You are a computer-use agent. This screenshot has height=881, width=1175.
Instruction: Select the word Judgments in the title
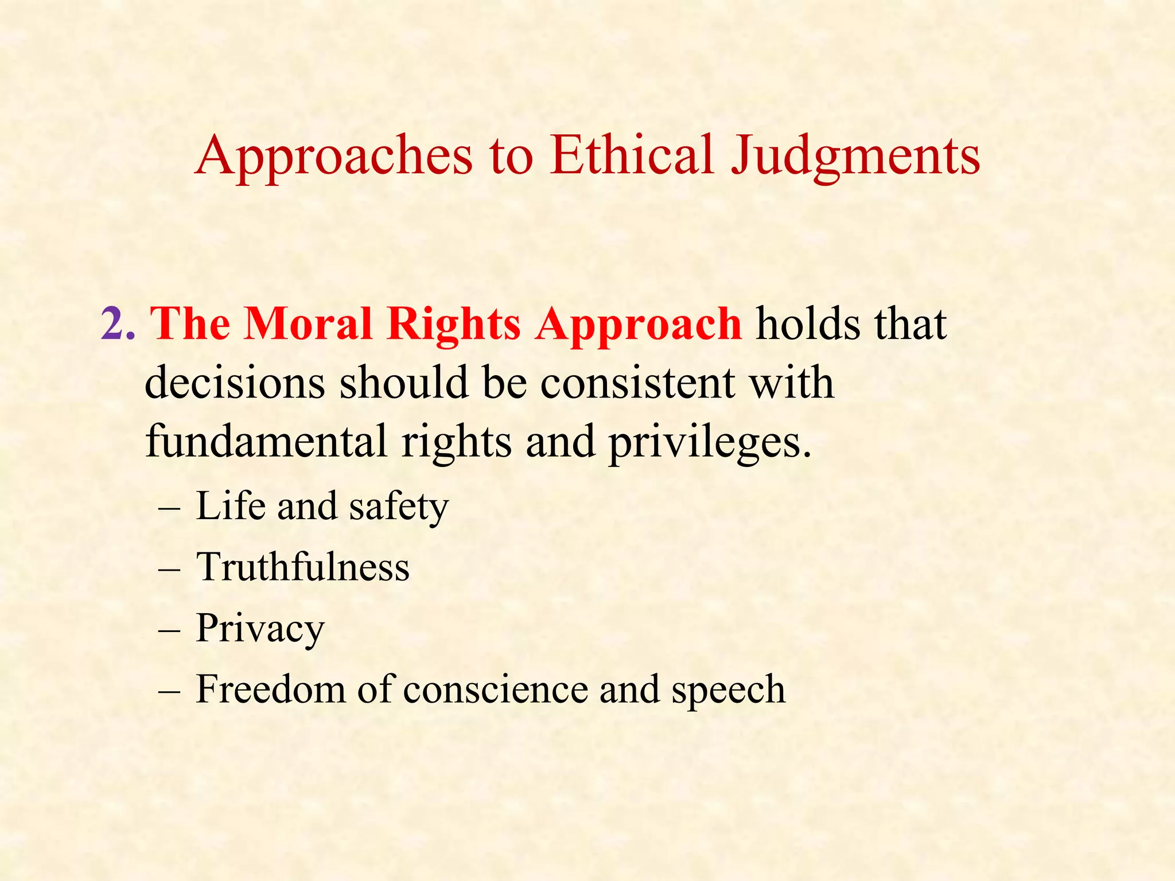point(855,156)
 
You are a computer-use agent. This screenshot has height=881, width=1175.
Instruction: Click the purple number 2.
point(118,324)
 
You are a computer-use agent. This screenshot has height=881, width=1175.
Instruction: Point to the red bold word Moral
point(308,324)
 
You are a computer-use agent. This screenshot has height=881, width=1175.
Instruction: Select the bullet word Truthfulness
point(303,567)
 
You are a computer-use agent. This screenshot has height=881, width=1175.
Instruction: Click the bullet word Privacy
point(260,629)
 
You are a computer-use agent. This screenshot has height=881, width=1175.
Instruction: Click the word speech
point(728,690)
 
